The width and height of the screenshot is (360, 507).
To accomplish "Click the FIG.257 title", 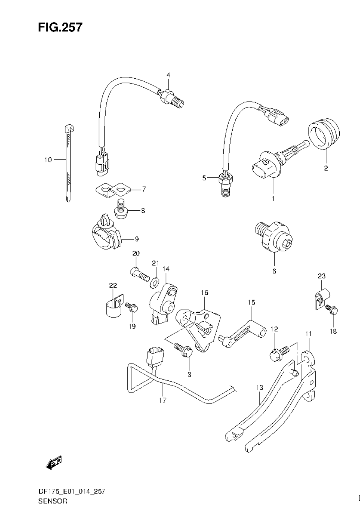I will click(x=60, y=28).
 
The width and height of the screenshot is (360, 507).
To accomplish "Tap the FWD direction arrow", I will click(x=54, y=462).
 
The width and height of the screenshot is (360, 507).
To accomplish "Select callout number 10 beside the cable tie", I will click(x=48, y=160).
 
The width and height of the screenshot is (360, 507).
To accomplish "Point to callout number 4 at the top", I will click(x=169, y=75).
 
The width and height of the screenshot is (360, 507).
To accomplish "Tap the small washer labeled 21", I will click(x=155, y=281).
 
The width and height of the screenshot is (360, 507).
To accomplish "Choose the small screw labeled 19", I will click(x=132, y=308).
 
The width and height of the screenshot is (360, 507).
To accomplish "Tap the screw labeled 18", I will click(x=332, y=310).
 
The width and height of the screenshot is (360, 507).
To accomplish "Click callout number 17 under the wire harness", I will click(x=162, y=400).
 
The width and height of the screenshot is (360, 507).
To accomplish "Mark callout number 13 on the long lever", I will click(x=259, y=387).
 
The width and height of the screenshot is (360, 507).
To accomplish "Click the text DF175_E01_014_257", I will click(x=72, y=491).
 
